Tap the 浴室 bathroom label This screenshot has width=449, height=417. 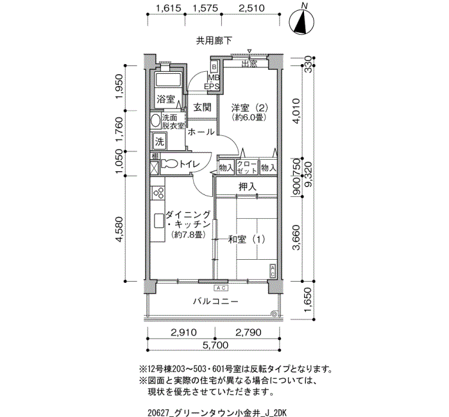click(165, 99)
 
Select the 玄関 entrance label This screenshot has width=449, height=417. click(202, 107)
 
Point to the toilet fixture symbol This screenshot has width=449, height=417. click(169, 164)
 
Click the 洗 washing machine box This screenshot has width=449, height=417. click(160, 141)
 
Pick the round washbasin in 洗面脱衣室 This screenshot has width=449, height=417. click(156, 121)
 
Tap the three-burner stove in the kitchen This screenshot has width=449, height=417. click(158, 192)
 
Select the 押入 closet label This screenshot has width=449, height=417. click(248, 187)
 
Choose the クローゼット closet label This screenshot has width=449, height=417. click(247, 167)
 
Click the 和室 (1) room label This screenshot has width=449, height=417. click(246, 239)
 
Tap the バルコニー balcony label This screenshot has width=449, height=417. click(216, 302)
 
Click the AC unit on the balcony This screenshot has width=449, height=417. click(221, 288)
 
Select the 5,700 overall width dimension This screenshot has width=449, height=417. click(216, 345)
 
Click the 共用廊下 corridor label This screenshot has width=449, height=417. click(214, 40)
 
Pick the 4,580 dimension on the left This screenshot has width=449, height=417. click(119, 229)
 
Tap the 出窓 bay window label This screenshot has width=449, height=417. click(249, 64)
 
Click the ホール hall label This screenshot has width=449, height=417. click(201, 132)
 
